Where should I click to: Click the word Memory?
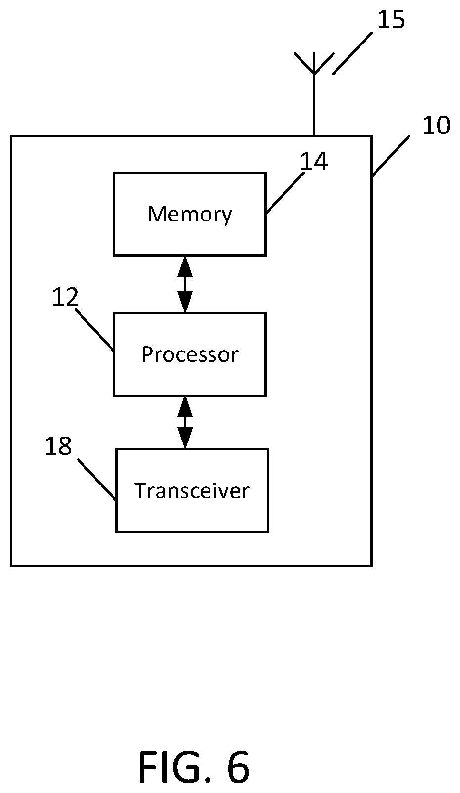(x=190, y=215)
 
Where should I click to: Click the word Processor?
(x=190, y=354)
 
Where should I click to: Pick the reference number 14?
(x=314, y=161)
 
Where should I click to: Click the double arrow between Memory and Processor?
(x=185, y=284)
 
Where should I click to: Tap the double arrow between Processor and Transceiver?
(x=185, y=422)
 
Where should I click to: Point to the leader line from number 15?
(x=352, y=53)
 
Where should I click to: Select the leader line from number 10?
(x=391, y=156)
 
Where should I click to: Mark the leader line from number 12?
(x=94, y=330)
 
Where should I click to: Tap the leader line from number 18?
(x=97, y=480)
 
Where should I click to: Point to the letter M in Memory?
(x=156, y=214)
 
